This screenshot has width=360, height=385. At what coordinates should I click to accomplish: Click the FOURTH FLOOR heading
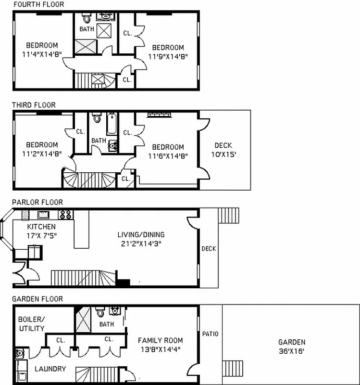point(38,4)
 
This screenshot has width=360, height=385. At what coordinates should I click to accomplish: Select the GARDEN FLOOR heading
point(37,299)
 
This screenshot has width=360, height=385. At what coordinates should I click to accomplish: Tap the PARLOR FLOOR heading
point(37,202)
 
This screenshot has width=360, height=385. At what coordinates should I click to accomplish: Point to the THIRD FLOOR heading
point(34,105)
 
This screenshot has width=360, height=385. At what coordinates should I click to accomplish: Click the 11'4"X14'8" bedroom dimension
point(42,54)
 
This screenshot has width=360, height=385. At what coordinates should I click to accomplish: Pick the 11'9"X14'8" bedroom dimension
point(168,56)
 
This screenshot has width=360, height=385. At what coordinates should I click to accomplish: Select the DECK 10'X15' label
point(223,150)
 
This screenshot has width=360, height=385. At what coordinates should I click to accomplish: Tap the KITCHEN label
point(41,227)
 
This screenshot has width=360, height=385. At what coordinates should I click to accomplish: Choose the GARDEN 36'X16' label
point(291,346)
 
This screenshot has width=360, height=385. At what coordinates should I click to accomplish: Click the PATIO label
point(211,334)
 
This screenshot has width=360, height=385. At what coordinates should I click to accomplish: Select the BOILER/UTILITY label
point(31,323)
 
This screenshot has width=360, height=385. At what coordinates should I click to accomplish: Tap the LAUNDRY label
point(50,369)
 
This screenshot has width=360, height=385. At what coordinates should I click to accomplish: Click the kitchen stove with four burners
point(65,215)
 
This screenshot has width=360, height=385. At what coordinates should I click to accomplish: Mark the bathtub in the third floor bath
point(112,123)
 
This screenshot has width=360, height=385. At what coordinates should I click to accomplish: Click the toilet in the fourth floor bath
point(87,19)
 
